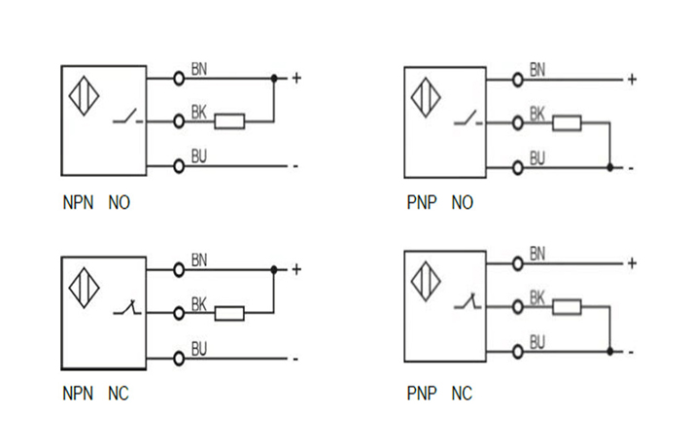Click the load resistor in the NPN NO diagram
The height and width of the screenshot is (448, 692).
point(229,121)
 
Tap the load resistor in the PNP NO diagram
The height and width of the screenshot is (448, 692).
point(567,122)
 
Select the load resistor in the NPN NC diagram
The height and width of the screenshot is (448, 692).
point(229,313)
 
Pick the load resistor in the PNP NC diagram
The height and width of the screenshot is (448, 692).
point(567,306)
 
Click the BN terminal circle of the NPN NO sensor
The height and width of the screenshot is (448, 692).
point(179,77)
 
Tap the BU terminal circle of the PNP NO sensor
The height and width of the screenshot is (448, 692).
point(517,167)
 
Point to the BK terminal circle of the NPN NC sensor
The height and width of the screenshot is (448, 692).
point(179,313)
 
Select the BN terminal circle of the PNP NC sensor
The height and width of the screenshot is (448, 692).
point(517,262)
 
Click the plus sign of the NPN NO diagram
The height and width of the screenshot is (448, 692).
point(296,77)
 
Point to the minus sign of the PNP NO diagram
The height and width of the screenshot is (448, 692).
point(632,167)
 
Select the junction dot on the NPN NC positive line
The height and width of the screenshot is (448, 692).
point(274,269)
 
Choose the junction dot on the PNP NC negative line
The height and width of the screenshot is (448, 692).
point(609,351)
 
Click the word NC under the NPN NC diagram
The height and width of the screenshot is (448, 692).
point(118,394)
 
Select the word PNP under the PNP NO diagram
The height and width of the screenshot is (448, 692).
point(422,203)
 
